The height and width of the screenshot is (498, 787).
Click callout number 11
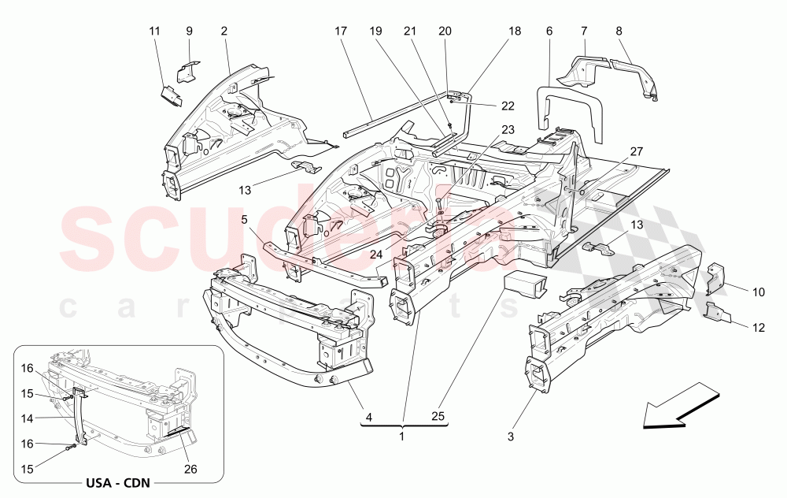(154, 31)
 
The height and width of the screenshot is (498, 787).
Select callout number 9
(189, 31)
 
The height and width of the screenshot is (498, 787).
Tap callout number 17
(340, 31)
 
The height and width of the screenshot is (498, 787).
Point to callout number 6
(549, 31)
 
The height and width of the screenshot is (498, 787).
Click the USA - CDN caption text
(119, 482)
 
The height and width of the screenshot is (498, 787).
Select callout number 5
(245, 220)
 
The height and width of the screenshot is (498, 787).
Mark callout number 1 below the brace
(403, 436)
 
